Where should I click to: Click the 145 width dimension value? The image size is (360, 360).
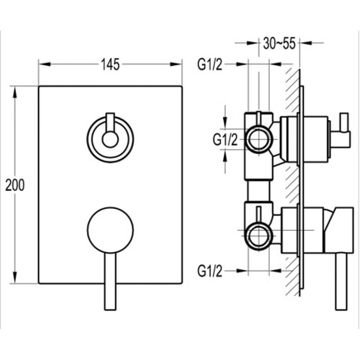click(x=110, y=64)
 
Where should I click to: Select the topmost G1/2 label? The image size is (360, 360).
click(x=210, y=64)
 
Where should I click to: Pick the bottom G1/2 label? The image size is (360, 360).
click(x=210, y=271)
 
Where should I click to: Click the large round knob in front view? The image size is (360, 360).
click(x=110, y=230)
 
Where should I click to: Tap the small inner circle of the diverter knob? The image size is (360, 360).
click(x=110, y=139)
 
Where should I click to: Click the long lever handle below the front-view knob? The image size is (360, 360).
click(x=110, y=282)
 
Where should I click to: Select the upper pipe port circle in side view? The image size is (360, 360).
click(x=259, y=139)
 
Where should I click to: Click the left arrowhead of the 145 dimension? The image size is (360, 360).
click(x=45, y=64)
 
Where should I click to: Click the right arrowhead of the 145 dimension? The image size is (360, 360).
click(x=176, y=64)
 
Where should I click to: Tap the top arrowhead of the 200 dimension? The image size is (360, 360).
click(x=15, y=93)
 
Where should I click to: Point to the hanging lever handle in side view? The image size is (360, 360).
click(x=342, y=282)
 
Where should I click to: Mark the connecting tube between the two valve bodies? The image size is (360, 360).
click(x=258, y=190)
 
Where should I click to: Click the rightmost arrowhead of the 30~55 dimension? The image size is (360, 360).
click(x=306, y=43)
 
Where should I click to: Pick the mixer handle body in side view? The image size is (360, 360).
click(x=338, y=230)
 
